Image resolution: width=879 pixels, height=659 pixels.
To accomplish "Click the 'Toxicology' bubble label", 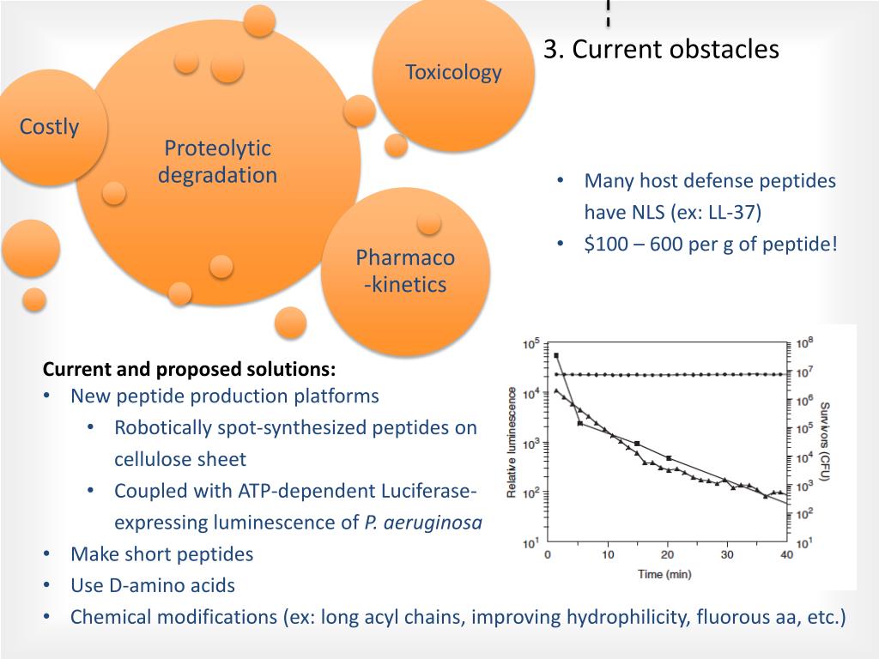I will (x=453, y=72).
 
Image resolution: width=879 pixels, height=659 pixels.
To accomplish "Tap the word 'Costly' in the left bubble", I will (x=50, y=128).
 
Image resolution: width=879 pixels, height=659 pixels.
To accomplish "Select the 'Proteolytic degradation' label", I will (x=217, y=162).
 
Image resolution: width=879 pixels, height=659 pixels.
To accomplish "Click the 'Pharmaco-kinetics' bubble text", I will (x=405, y=271).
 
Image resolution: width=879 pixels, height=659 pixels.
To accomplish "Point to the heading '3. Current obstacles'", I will (x=661, y=50).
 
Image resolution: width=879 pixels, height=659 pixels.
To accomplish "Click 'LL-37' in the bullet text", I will (x=730, y=212).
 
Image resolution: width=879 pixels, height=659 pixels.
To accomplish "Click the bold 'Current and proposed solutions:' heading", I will (x=190, y=370).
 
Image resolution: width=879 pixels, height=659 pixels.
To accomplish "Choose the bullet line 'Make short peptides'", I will (x=162, y=554).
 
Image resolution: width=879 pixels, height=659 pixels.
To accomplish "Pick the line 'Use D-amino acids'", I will (x=153, y=586).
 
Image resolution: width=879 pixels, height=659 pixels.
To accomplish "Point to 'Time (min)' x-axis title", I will (x=664, y=574).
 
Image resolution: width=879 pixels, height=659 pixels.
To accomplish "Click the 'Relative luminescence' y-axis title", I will (x=512, y=442).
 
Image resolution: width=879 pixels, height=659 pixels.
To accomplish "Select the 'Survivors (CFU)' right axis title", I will (x=826, y=441).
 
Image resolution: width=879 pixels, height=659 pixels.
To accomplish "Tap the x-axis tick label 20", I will (x=668, y=555).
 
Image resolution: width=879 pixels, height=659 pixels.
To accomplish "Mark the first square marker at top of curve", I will (x=556, y=355).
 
